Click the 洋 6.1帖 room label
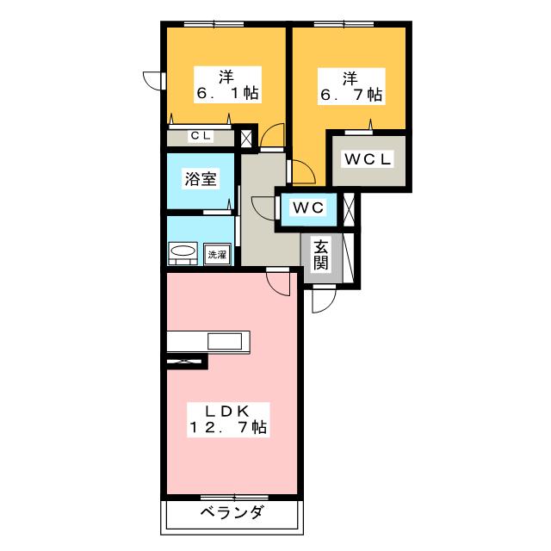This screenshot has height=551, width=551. pyautogui.click(x=227, y=84)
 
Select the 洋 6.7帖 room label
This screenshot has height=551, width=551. pyautogui.click(x=351, y=86)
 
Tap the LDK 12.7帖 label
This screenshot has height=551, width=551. pyautogui.click(x=228, y=419)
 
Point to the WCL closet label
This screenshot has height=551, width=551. pyautogui.click(x=368, y=159)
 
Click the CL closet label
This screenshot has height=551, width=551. pyautogui.click(x=201, y=136)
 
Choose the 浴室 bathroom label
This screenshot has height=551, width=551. pyautogui.click(x=201, y=179)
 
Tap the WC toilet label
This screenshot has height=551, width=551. pyautogui.click(x=308, y=207)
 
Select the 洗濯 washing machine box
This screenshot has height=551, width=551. pyautogui.click(x=217, y=255)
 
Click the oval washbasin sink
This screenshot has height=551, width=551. pyautogui.click(x=183, y=251)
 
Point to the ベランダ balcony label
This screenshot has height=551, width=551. pyautogui.click(x=232, y=512)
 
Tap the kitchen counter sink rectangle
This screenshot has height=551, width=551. pyautogui.click(x=225, y=341)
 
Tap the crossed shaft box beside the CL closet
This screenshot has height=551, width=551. pyautogui.click(x=246, y=139)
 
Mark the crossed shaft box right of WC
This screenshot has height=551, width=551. pyautogui.click(x=349, y=209)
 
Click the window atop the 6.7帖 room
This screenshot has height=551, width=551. pyautogui.click(x=344, y=24)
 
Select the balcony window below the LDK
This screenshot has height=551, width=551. pyautogui.click(x=234, y=498)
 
